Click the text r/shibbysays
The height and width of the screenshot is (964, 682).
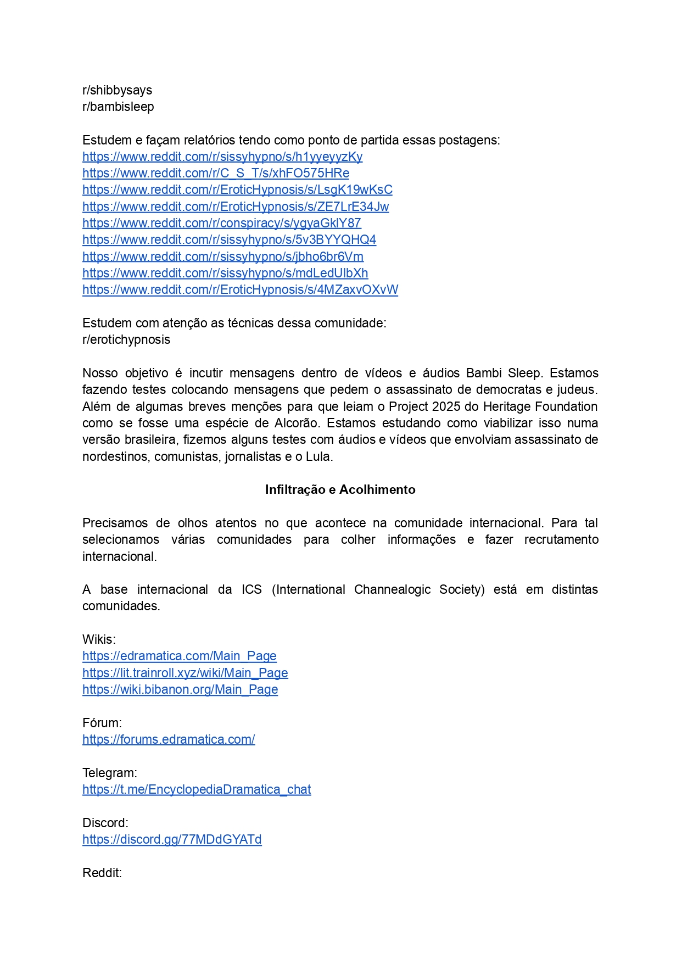coord(117,90)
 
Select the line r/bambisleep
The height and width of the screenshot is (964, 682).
coord(118,107)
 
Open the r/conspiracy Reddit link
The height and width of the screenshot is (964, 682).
coord(221,223)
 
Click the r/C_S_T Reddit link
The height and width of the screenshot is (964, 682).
coord(215,173)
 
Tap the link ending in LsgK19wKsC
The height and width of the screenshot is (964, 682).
coord(237,190)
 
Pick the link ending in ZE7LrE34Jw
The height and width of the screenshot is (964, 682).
coord(235,207)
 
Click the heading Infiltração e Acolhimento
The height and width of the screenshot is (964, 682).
coord(340,489)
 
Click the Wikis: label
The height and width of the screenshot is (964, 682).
coord(99,639)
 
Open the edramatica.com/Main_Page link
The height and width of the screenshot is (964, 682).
coord(179,656)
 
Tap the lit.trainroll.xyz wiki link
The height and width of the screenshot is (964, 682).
coord(185,673)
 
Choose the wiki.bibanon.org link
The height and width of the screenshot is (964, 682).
coord(180,689)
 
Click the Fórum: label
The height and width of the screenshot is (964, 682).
coord(102,723)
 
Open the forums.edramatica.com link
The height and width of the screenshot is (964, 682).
coord(169,739)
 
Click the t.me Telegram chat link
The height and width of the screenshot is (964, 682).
coord(197,789)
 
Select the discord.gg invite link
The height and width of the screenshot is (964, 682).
coord(172,839)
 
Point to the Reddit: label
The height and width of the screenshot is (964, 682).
coord(102,873)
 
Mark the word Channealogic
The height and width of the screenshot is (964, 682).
coord(392,589)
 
